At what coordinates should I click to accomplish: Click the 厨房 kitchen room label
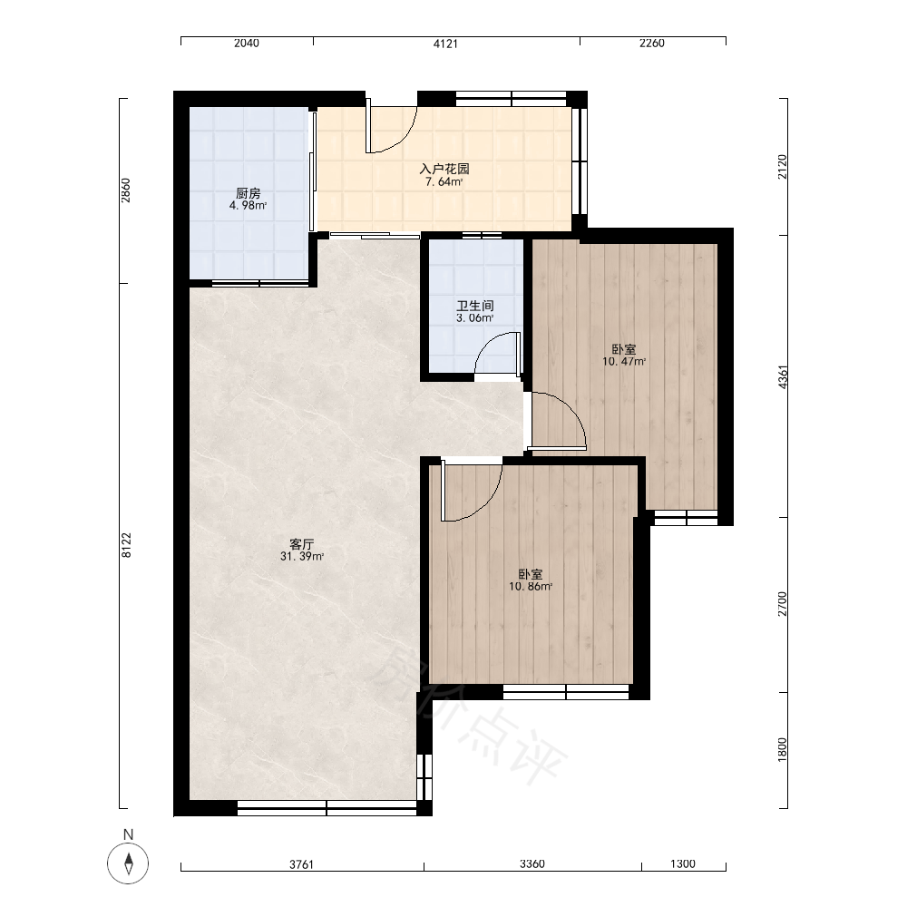coord(249,193)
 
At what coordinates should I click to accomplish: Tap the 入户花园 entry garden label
coord(444,169)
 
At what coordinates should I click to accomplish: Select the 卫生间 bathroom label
coord(475,306)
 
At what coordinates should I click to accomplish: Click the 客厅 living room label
coord(301,544)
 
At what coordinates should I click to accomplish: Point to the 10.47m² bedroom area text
coord(624,362)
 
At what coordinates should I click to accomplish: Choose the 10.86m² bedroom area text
coord(531,587)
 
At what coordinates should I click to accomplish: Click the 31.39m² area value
coord(302,557)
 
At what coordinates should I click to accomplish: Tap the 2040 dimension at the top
coord(247,44)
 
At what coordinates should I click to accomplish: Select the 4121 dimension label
coord(445,44)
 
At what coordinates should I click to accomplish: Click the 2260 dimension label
coord(652,44)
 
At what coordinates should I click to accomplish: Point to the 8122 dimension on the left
coord(127,545)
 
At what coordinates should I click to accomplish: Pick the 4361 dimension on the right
coord(783,376)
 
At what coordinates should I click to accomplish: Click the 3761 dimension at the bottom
coord(301,864)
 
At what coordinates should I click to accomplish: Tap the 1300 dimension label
coord(683,864)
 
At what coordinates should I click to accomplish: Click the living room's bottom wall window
coord(327,808)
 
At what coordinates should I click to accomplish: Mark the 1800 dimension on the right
coord(783,750)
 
